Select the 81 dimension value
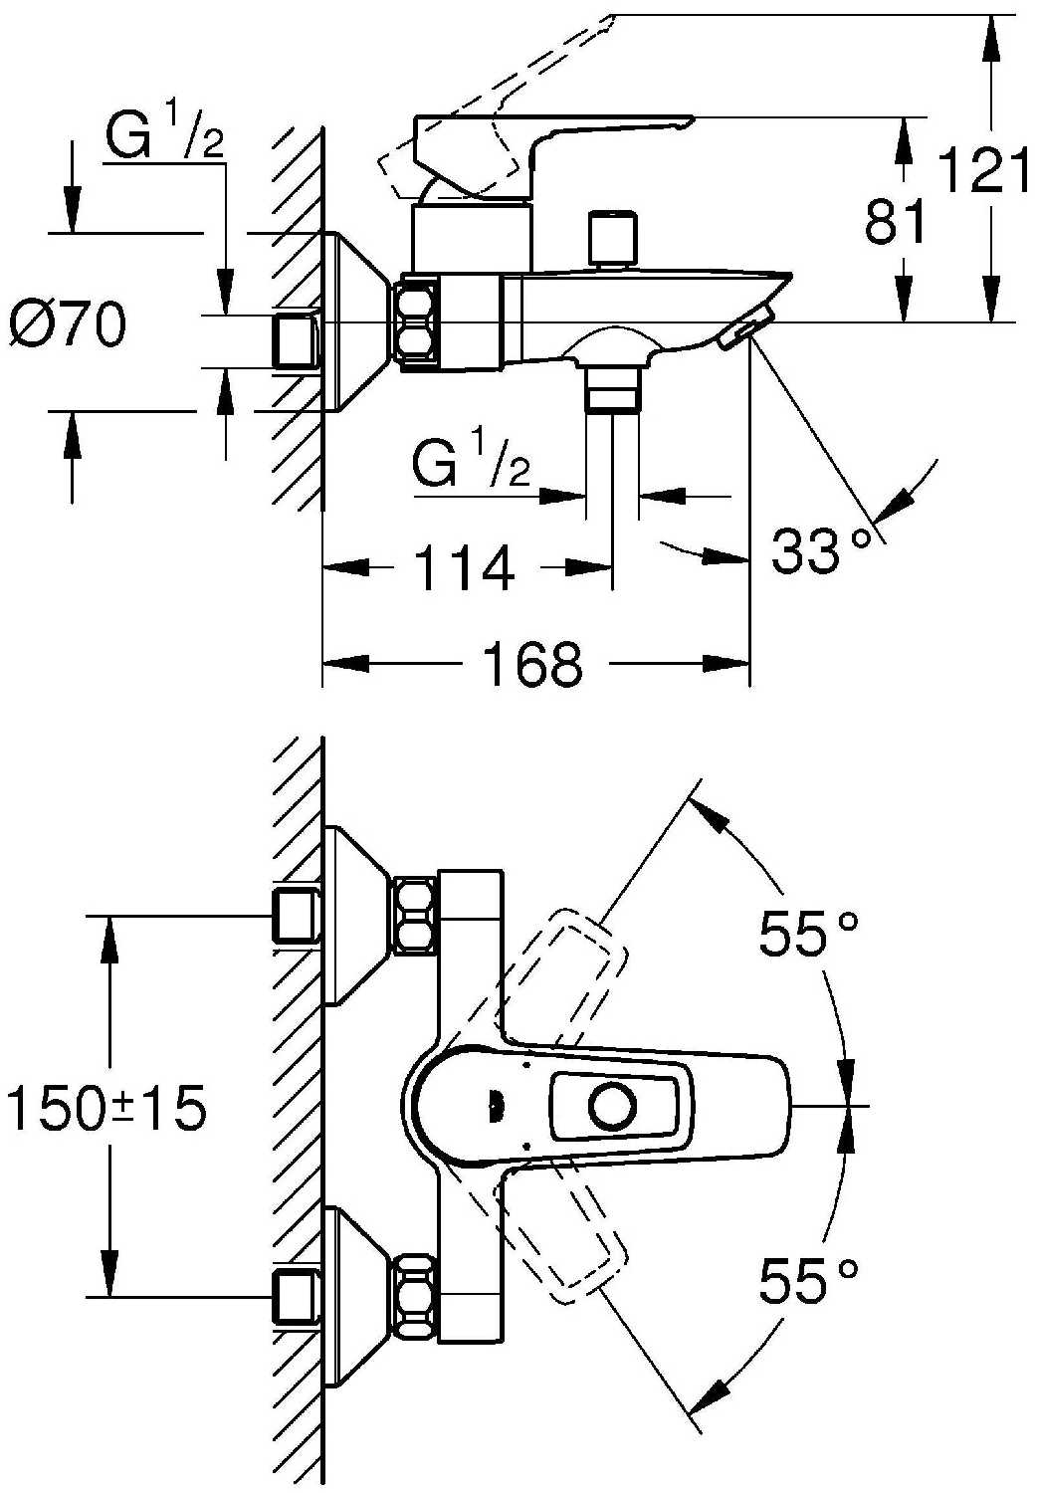[895, 221]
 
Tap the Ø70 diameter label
[69, 324]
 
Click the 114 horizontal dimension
[463, 568]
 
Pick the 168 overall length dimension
[532, 664]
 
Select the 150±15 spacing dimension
[106, 1107]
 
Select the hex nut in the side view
[417, 324]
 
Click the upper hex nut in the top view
[416, 914]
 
